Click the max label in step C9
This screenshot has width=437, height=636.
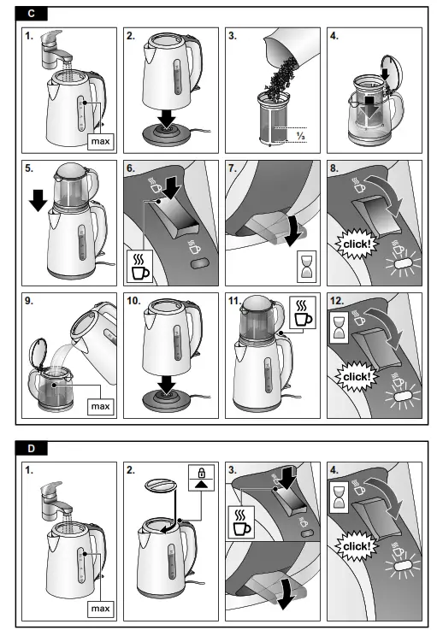click(x=102, y=405)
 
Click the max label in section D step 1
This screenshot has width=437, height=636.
click(x=102, y=608)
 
